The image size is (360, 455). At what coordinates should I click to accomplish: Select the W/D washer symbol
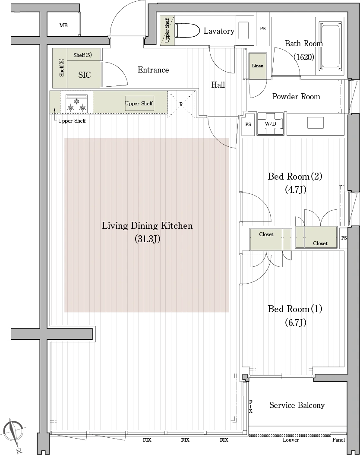pyautogui.click(x=270, y=123)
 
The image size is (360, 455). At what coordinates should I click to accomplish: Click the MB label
pyautogui.click(x=63, y=25)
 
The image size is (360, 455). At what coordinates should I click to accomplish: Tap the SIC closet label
pyautogui.click(x=85, y=75)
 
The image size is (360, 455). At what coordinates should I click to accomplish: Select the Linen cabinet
pyautogui.click(x=258, y=66)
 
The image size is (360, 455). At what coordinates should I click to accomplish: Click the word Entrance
pyautogui.click(x=153, y=70)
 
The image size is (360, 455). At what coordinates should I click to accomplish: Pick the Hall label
pyautogui.click(x=218, y=85)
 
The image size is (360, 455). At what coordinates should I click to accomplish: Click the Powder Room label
pyautogui.click(x=296, y=96)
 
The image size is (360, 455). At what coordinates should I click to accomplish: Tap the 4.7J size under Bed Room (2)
pyautogui.click(x=296, y=190)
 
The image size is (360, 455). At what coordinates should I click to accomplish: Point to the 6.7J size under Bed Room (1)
pyautogui.click(x=296, y=322)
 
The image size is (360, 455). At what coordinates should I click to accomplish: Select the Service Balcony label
pyautogui.click(x=297, y=405)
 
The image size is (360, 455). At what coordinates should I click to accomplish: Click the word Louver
pyautogui.click(x=291, y=439)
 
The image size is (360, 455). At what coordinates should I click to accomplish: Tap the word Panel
pyautogui.click(x=338, y=439)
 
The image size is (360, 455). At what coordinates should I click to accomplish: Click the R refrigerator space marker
pyautogui.click(x=181, y=104)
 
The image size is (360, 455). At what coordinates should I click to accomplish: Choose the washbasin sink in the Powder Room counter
pyautogui.click(x=316, y=123)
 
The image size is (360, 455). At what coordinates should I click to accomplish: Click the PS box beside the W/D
pyautogui.click(x=248, y=124)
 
